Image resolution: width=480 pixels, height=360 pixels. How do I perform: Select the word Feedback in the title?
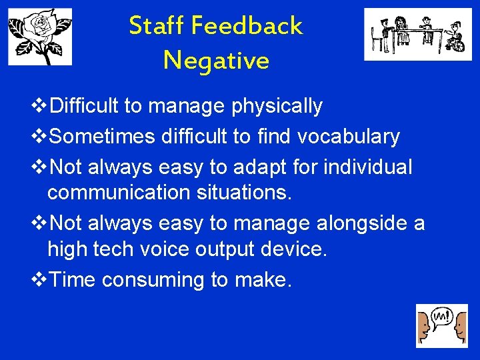(247, 26)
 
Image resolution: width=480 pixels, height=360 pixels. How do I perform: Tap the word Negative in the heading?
(216, 61)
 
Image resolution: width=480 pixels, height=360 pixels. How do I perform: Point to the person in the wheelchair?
(454, 39)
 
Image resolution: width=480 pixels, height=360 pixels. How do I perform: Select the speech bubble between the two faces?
(441, 316)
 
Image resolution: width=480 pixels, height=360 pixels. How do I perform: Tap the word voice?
(163, 250)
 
